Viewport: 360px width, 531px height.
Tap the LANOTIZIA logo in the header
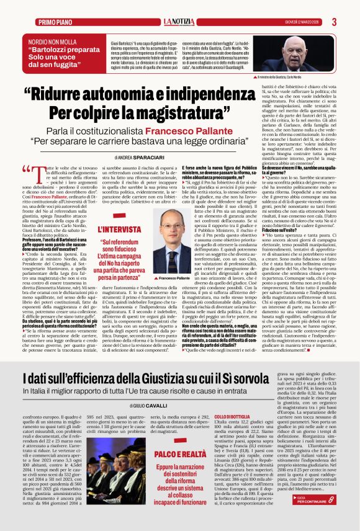click(x=179, y=22)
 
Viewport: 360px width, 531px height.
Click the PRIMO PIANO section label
click(x=55, y=22)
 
